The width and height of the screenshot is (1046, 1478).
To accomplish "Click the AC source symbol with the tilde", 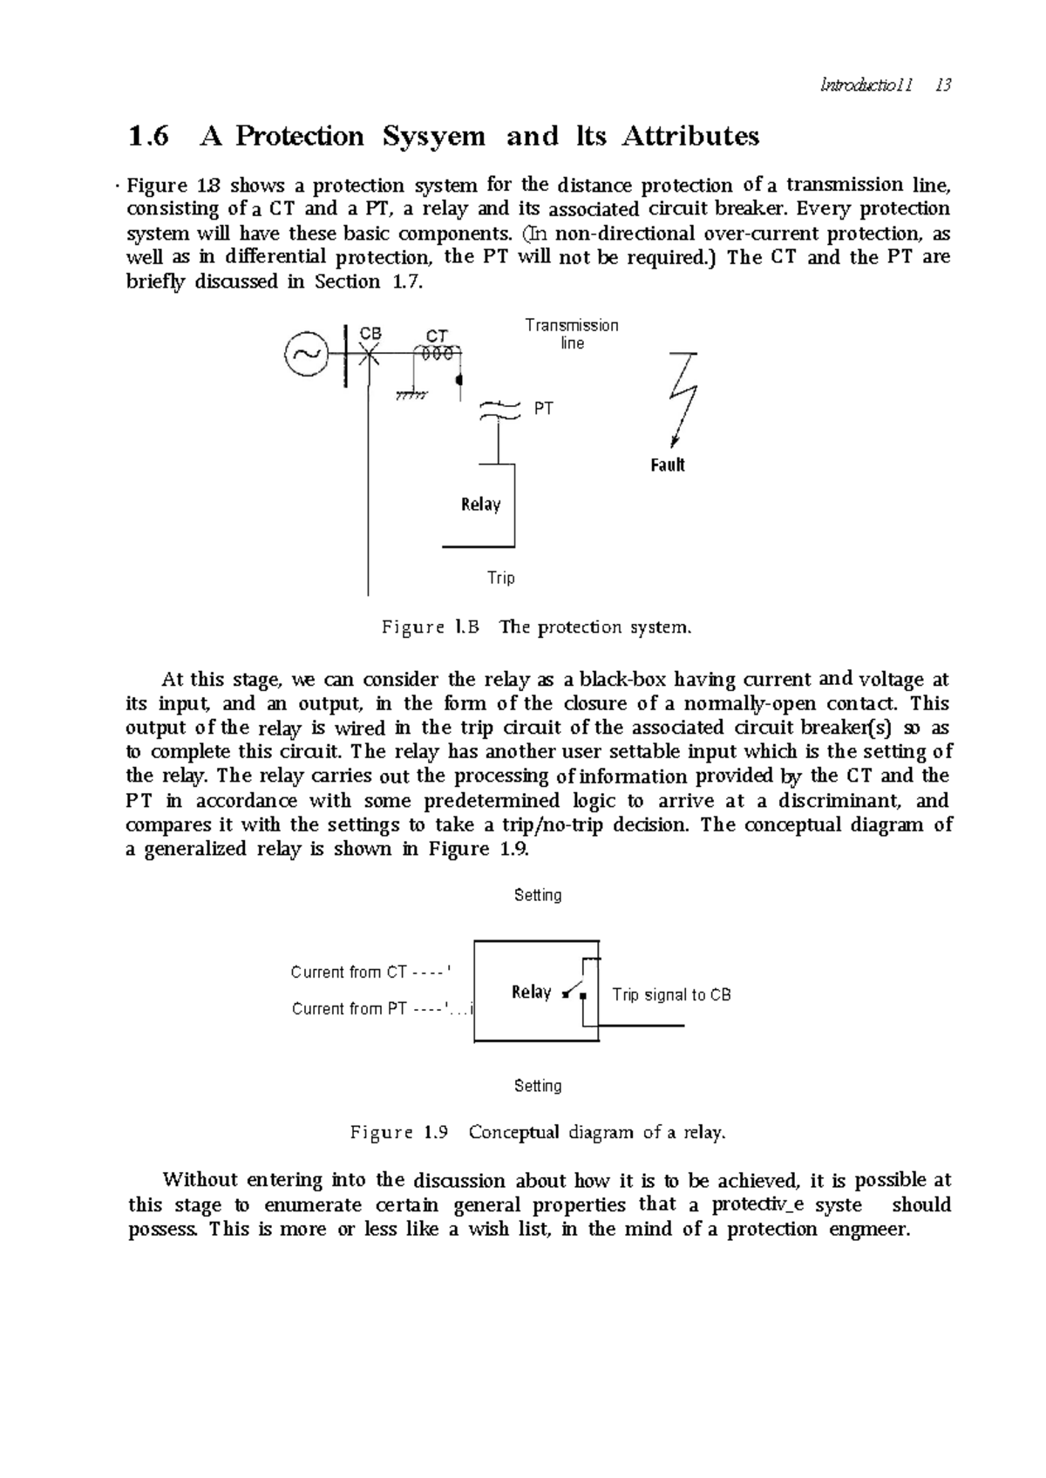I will point(306,353).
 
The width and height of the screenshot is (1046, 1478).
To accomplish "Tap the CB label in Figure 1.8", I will point(370,334).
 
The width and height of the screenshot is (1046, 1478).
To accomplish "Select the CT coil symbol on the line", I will point(437,354).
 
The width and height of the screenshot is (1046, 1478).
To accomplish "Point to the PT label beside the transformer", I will point(543,408).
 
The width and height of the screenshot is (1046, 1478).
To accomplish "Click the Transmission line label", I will point(572,334).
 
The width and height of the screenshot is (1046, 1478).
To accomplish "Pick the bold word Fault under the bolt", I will point(668,465).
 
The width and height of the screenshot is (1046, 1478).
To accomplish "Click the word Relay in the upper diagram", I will point(480,505).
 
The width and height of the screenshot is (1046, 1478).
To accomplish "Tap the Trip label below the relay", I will point(501,578).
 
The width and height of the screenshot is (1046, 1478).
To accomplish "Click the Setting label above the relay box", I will point(538,895).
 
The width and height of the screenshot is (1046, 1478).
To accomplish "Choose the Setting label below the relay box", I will point(538,1086).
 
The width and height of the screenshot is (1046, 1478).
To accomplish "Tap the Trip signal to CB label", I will point(671,994).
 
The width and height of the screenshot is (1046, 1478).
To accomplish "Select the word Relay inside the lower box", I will point(531,992).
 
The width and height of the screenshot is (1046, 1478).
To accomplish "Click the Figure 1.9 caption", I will point(537,1133).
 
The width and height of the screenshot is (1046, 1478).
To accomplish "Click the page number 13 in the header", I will point(941,85).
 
